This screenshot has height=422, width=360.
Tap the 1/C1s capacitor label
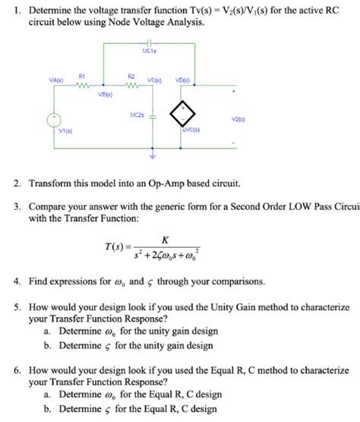click(x=149, y=51)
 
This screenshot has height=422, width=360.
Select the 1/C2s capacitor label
click(x=137, y=114)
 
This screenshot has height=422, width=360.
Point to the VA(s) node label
click(x=55, y=79)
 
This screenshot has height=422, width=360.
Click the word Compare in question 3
click(x=50, y=206)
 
